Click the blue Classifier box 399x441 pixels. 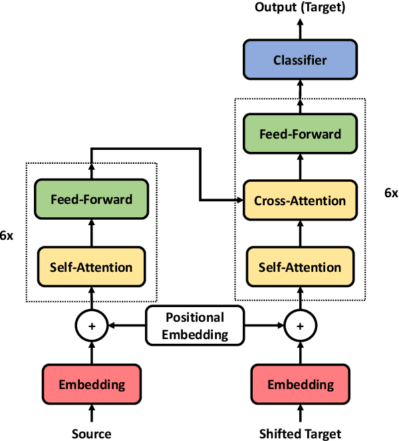pos(300,61)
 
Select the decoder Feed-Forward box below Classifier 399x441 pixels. pos(300,134)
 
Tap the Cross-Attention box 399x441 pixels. pos(300,201)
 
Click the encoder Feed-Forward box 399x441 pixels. pos(91,199)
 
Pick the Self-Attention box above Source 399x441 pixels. pos(91,267)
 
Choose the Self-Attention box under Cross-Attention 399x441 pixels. pos(300,267)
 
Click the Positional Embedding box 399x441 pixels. pos(195,326)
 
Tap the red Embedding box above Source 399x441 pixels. pos(91,384)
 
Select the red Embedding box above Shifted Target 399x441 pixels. pos(300,384)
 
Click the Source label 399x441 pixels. pos(91,434)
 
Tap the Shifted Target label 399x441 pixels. pos(300,434)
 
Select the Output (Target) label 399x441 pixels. pos(300,7)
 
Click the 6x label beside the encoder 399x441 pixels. pos(7,236)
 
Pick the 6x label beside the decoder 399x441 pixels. pos(391,193)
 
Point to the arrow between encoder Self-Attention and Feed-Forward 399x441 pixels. pos(91,233)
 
